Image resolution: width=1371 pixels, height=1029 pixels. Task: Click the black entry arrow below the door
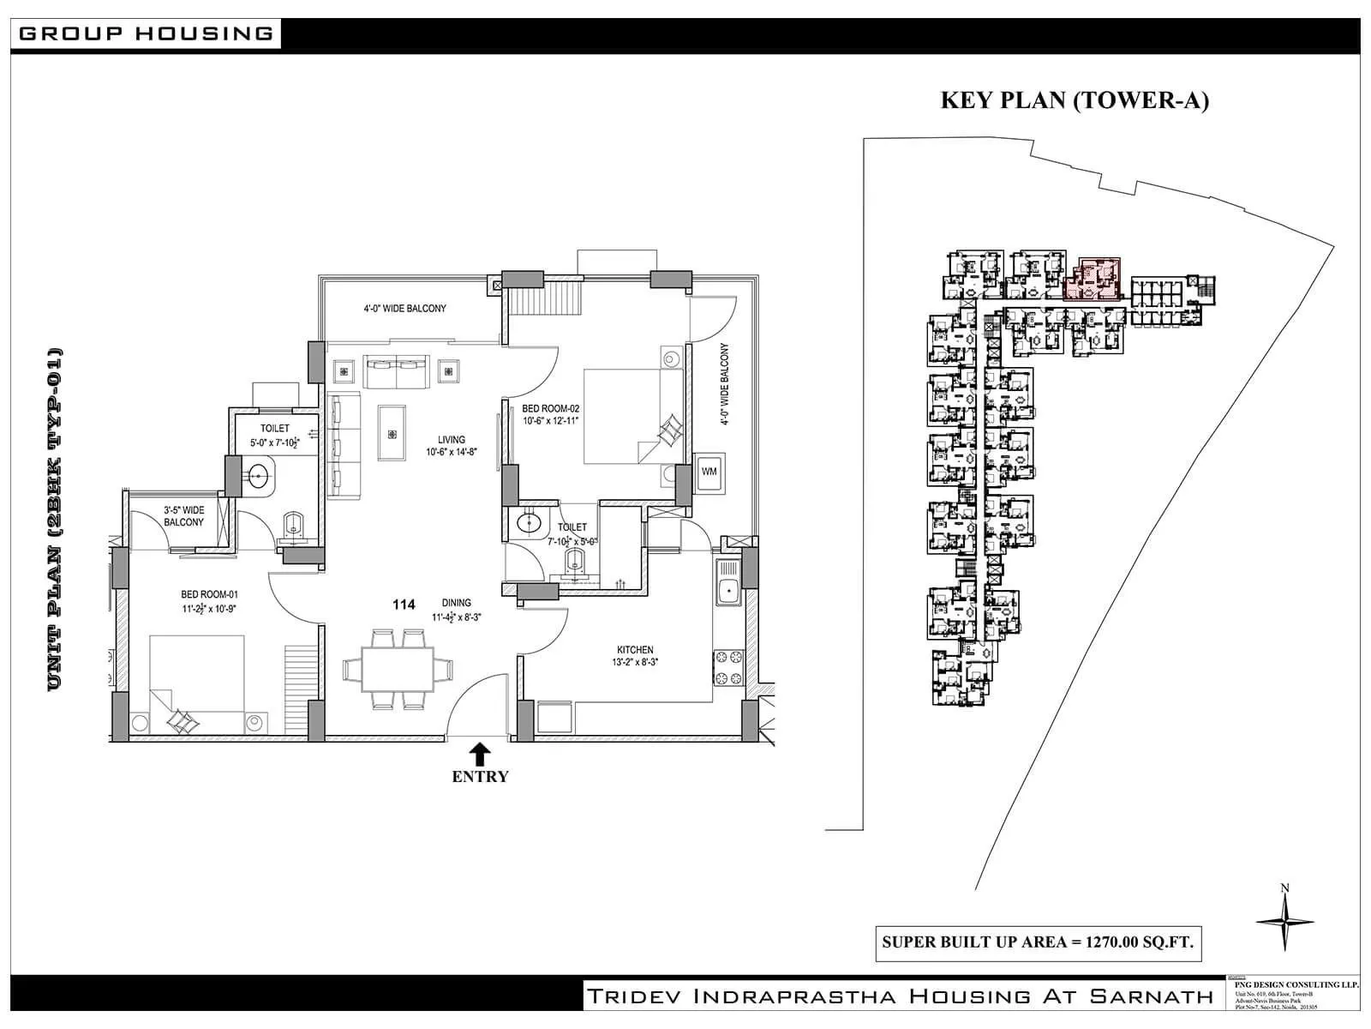pyautogui.click(x=480, y=754)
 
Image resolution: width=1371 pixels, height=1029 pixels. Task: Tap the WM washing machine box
pyautogui.click(x=709, y=472)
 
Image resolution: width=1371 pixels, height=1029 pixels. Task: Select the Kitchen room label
pyautogui.click(x=635, y=650)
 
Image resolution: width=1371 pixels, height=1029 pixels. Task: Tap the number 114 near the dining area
pyautogui.click(x=404, y=605)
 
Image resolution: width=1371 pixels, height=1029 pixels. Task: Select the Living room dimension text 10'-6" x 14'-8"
pyautogui.click(x=452, y=452)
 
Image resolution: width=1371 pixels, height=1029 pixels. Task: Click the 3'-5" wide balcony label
pyautogui.click(x=184, y=515)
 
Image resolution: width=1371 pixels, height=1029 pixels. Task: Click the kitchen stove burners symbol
pyautogui.click(x=728, y=668)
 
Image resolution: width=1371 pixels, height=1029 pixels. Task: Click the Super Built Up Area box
pyautogui.click(x=1038, y=942)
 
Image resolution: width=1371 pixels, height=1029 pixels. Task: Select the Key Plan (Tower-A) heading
pyautogui.click(x=1075, y=100)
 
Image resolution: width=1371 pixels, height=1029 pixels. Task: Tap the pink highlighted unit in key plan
pyautogui.click(x=1094, y=278)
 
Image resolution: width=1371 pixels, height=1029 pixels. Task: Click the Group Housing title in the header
pyautogui.click(x=146, y=34)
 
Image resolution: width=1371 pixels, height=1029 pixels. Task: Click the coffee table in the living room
pyautogui.click(x=392, y=433)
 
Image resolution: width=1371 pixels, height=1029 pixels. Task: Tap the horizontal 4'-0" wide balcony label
pyautogui.click(x=405, y=309)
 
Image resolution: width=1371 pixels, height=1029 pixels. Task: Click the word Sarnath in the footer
pyautogui.click(x=1152, y=996)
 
